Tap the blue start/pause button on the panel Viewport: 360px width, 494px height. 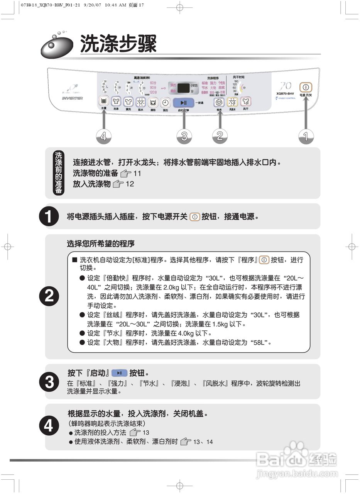point(183,102)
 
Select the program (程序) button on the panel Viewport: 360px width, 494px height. point(219,102)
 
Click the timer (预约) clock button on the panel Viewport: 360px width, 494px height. point(165,103)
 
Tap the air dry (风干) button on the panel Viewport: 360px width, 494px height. point(245,102)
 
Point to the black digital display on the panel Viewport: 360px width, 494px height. point(184,88)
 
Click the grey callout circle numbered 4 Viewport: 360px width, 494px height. point(103,136)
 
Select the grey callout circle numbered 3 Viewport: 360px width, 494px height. point(184,136)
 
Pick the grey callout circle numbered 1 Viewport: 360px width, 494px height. point(306,136)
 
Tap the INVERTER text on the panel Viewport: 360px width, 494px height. point(72,98)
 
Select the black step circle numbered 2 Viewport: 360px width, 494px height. point(49,296)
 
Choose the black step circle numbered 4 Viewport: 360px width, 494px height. point(49,426)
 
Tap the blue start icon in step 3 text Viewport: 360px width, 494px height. point(119,373)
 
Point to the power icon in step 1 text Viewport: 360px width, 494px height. point(195,217)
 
